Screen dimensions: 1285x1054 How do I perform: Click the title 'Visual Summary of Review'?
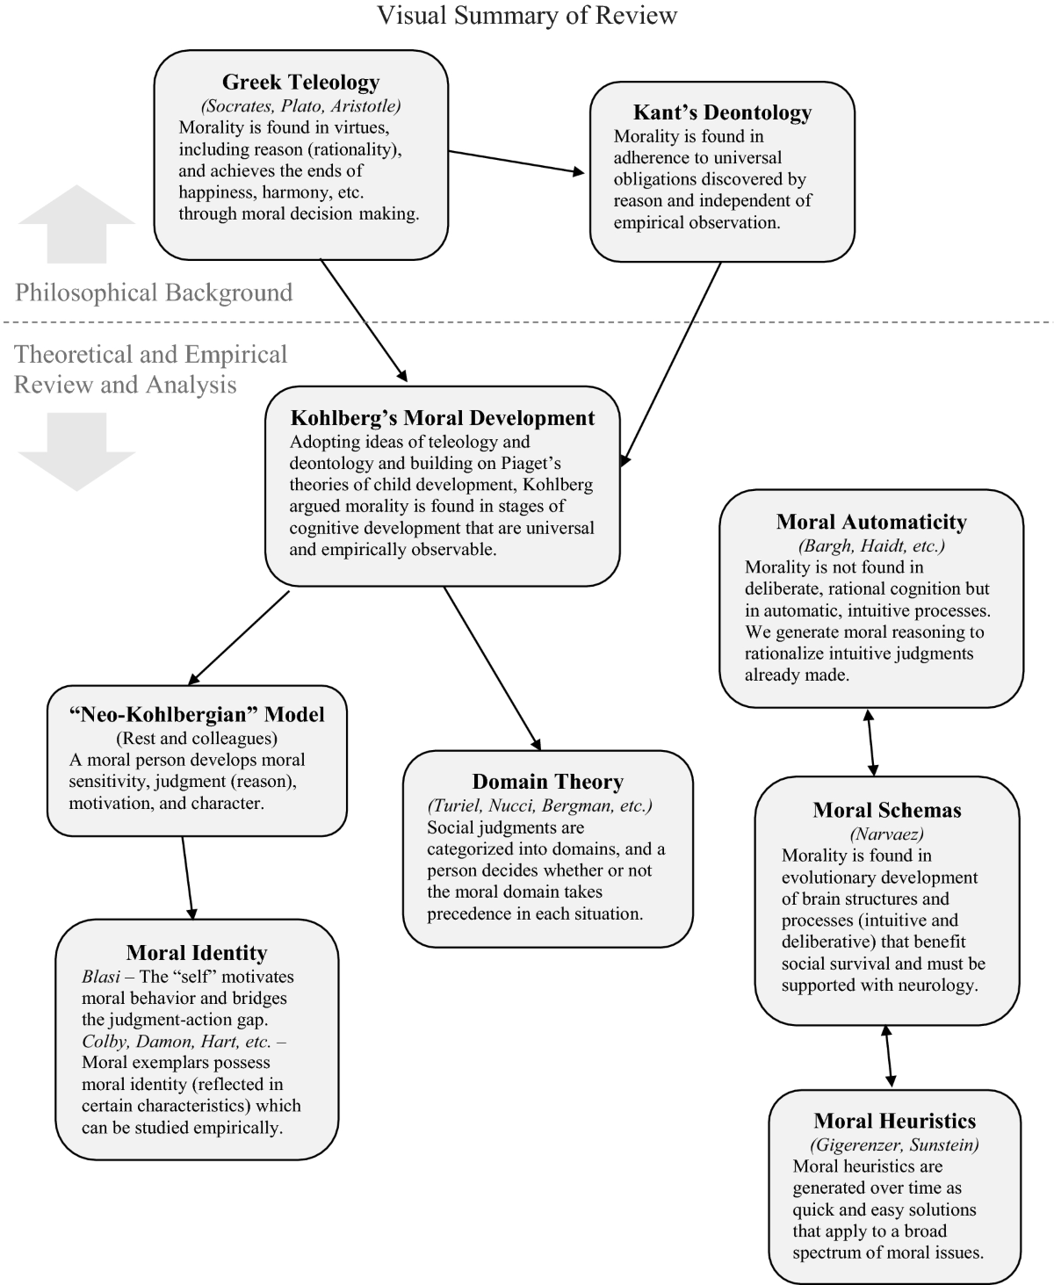coord(527,16)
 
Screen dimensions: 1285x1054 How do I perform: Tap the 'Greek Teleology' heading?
coord(300,83)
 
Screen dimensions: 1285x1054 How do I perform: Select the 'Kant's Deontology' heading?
coord(722,112)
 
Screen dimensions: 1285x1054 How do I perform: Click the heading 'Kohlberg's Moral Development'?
coord(443,418)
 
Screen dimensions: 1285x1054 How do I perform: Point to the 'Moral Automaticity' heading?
coord(871,523)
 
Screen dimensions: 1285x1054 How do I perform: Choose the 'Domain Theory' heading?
coord(547,782)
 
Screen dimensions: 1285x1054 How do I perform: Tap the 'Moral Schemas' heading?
coord(887,810)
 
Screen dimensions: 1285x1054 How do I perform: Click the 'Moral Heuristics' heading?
coord(895,1121)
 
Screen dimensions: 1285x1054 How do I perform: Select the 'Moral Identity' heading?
coord(197,953)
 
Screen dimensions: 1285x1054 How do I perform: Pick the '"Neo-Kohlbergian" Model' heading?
coord(197,715)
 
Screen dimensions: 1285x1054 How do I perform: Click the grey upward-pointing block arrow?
coord(77,224)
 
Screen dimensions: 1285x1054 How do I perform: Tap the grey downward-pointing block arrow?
coord(77,451)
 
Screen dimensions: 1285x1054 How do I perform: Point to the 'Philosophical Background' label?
coord(154,292)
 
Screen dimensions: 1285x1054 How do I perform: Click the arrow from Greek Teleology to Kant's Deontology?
coord(516,162)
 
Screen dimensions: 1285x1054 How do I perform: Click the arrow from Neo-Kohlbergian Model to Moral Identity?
coord(187,877)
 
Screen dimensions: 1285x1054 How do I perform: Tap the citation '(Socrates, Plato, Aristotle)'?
coord(300,106)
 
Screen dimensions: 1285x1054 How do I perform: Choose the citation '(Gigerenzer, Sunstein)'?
coord(894,1144)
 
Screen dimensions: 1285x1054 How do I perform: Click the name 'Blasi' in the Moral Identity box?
coord(100,977)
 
